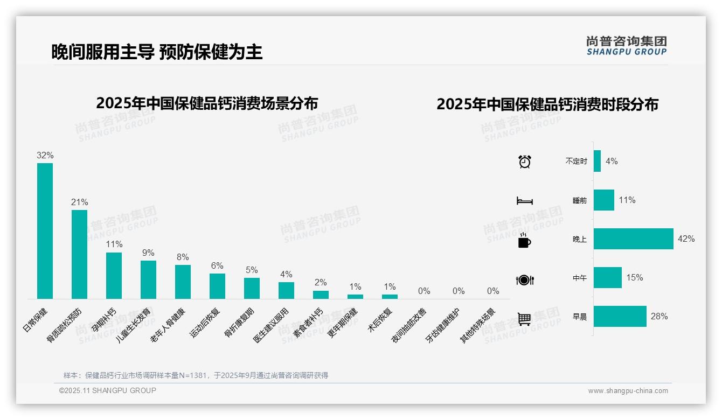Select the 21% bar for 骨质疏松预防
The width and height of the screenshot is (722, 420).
(79, 254)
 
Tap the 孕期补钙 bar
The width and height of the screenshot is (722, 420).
(114, 275)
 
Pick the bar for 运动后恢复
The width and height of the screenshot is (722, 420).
(217, 286)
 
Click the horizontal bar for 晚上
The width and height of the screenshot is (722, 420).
(633, 239)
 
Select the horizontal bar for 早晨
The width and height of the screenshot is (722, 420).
(620, 316)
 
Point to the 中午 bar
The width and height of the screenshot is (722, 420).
(607, 277)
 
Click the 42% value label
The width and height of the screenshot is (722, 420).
(686, 239)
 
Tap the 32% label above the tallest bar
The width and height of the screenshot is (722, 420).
(45, 155)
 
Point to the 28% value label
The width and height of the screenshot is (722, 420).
(659, 316)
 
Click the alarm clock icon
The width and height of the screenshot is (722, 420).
(524, 162)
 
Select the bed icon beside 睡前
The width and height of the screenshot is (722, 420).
(524, 201)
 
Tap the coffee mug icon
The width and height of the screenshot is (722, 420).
(524, 241)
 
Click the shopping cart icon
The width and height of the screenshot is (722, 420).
(524, 319)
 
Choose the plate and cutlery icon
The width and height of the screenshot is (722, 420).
(524, 280)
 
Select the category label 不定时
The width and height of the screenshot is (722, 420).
(576, 162)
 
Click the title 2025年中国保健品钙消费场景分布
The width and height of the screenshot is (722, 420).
(207, 103)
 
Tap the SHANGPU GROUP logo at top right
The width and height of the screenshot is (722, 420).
(627, 46)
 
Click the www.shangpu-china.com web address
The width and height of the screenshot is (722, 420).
(628, 391)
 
